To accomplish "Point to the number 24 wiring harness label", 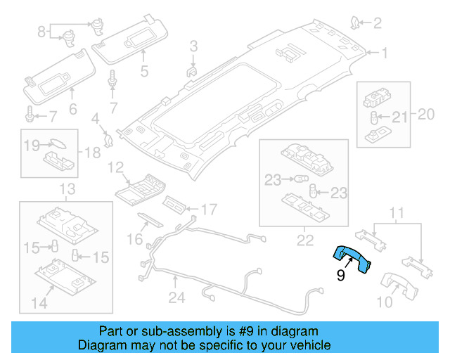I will [x=176, y=298].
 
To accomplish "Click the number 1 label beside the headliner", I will [x=385, y=52].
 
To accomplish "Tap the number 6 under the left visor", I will [x=72, y=109].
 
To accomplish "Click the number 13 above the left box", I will [x=66, y=188].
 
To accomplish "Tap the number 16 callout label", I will [x=134, y=240].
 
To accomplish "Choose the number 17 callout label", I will [x=209, y=209].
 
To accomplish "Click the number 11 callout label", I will [x=398, y=212].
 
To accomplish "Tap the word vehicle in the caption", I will [x=309, y=345].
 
